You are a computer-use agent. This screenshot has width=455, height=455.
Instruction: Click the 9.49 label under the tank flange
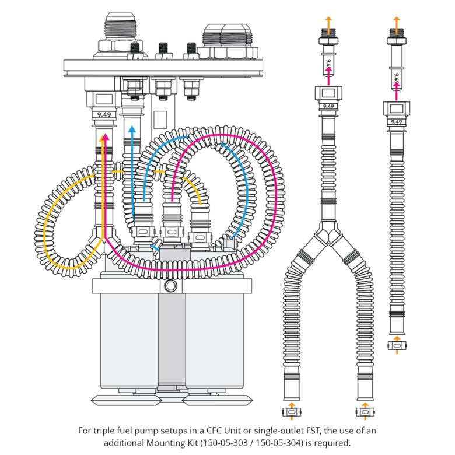(104, 115)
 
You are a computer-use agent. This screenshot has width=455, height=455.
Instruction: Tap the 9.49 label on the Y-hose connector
(328, 106)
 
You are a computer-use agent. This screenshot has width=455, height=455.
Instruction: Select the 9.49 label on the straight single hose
(397, 121)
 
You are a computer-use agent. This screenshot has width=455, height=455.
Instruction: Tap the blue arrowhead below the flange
(132, 129)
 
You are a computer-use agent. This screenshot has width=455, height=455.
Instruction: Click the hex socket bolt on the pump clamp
(170, 286)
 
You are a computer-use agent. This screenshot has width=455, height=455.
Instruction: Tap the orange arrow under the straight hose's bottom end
(397, 337)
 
